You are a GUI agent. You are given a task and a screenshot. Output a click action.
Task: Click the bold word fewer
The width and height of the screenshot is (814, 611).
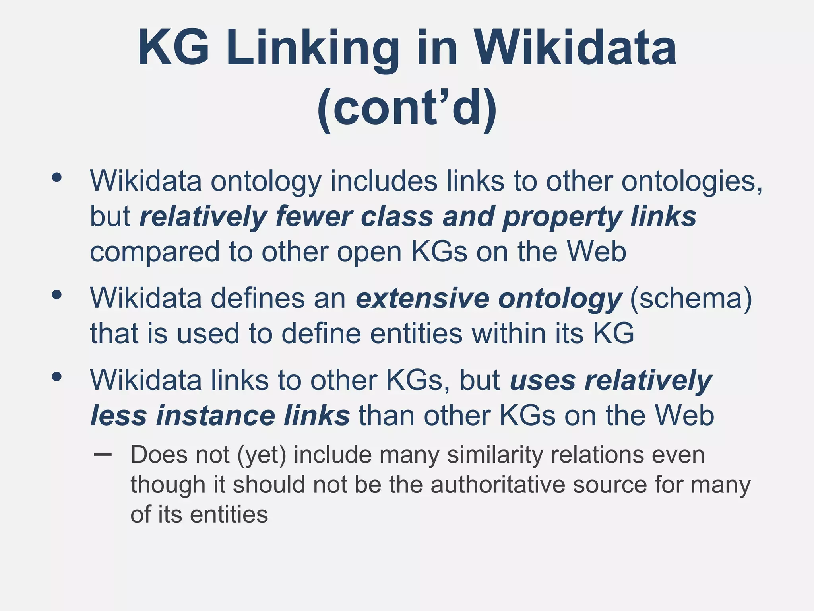(x=314, y=217)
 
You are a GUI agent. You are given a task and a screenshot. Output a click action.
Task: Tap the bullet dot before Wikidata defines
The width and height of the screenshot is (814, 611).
(x=57, y=295)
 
